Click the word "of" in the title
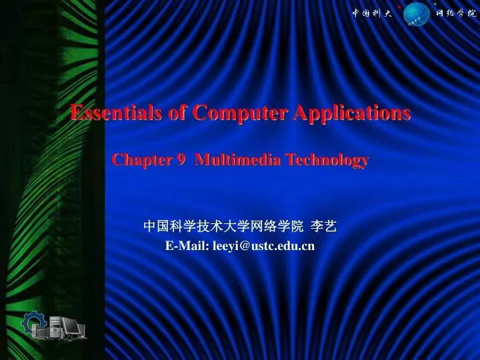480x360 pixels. click(x=177, y=113)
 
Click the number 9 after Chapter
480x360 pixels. click(x=181, y=160)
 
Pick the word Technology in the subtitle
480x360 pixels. click(x=328, y=160)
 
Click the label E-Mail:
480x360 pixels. click(x=187, y=247)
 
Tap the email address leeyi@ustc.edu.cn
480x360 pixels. click(x=263, y=247)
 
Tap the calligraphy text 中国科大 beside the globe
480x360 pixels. click(x=372, y=13)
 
